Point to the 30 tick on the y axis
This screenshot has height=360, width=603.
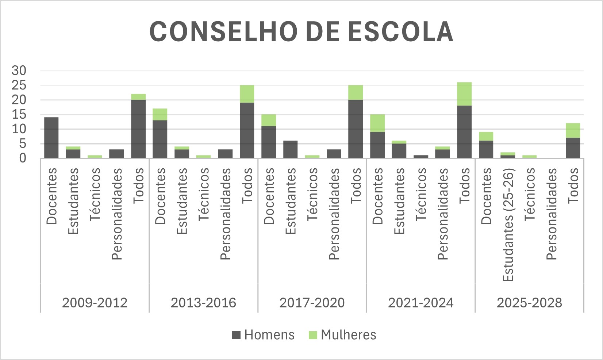tap(19, 70)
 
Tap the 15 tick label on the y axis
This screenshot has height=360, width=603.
tap(19, 114)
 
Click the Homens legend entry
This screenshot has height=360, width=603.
tap(263, 335)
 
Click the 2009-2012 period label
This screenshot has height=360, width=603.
tap(95, 303)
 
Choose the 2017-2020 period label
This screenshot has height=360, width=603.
tap(312, 303)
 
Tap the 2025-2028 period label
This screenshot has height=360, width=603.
tap(529, 303)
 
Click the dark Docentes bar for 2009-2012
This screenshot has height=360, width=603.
tap(51, 138)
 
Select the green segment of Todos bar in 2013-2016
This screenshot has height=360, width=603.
tap(247, 94)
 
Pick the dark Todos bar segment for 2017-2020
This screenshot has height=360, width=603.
tap(356, 129)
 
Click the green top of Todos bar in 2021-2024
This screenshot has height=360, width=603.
tap(464, 94)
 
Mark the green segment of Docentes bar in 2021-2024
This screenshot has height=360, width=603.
tap(377, 123)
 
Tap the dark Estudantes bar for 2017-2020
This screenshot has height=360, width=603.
tap(290, 149)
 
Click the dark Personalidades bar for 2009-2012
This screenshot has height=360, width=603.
tap(116, 154)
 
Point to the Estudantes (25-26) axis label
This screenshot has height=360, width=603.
tap(508, 225)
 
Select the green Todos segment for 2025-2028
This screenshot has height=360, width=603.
tap(573, 130)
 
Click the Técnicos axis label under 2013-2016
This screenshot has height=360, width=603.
tap(203, 194)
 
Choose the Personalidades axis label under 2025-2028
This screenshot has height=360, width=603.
tap(552, 214)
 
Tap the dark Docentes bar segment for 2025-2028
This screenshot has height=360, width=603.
tap(486, 149)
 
